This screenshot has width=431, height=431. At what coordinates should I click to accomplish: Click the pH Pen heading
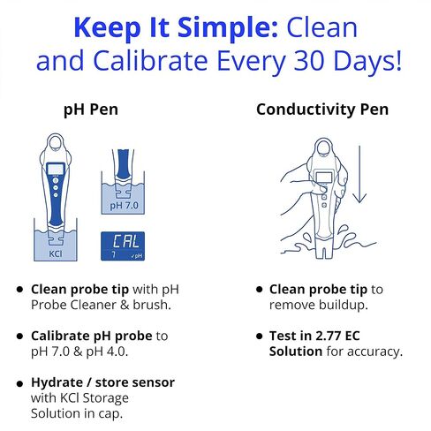coord(91,110)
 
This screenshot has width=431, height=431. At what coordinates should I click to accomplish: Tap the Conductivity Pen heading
coord(322,110)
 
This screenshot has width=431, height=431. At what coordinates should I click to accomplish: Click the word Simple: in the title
coord(228,27)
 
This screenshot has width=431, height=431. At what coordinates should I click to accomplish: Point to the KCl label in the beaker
coord(56,253)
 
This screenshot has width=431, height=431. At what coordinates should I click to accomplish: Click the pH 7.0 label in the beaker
coord(124,206)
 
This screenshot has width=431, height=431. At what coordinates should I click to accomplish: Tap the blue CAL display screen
coord(123,246)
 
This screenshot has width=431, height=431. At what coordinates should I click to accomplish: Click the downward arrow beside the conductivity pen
coord(359,174)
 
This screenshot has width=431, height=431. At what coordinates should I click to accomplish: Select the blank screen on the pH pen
coord(56,170)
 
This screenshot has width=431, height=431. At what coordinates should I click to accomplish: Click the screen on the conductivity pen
coord(324,178)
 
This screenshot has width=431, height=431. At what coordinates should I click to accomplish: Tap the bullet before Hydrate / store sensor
coord(19,383)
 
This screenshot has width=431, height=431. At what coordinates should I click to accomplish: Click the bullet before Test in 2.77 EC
coord(259,336)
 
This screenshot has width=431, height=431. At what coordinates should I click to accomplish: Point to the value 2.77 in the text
coord(327,336)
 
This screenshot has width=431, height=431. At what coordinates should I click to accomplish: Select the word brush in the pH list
coord(152,305)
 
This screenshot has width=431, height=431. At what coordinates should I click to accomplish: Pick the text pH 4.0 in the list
coord(107,352)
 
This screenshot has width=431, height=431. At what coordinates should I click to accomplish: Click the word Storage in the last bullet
coord(104,398)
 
